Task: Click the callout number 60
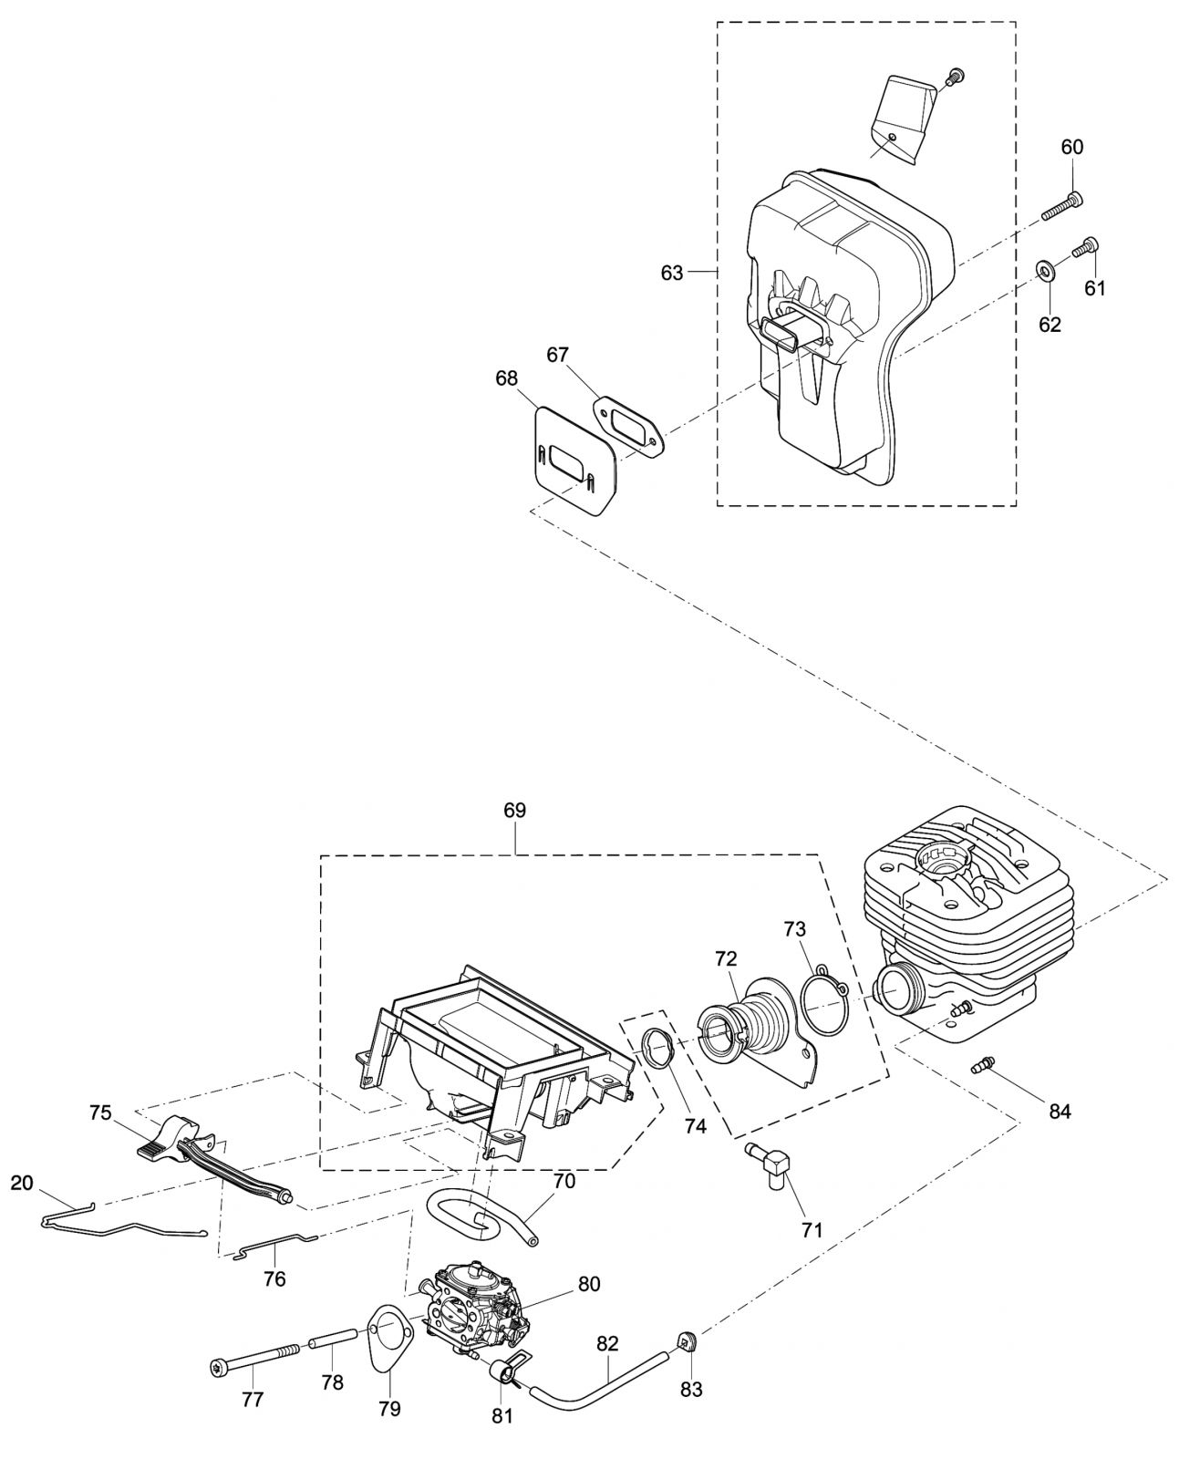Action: coord(1072,147)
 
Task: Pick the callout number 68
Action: coord(506,378)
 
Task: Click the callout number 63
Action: coord(672,273)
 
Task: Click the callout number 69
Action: coord(514,811)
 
